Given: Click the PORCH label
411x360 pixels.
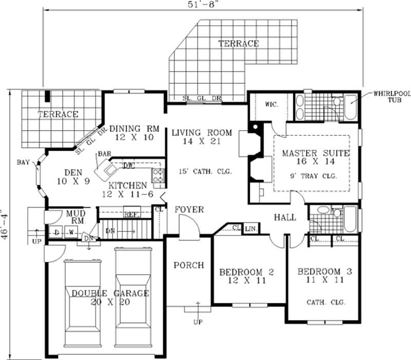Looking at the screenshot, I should click(188, 265).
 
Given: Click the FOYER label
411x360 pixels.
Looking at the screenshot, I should click(189, 210).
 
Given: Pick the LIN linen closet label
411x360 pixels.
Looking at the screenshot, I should click(251, 228).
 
